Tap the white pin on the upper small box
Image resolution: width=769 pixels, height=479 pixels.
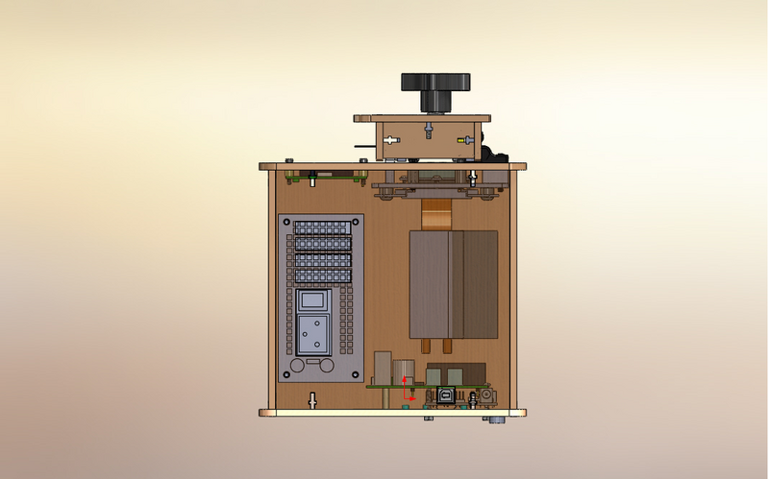pos(390,139)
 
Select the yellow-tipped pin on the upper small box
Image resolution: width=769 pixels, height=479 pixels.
pos(467,140)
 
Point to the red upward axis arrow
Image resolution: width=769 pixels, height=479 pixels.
pos(405,383)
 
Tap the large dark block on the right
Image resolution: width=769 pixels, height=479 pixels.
pos(453,284)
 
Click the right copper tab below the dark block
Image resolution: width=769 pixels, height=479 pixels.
pos(448,347)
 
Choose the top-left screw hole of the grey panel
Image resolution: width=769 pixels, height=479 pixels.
pos(285,222)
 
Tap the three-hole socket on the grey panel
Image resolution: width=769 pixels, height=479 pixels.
pos(312,336)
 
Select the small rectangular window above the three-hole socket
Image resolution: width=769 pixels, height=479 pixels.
pos(312,301)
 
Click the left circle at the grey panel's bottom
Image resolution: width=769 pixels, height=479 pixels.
pos(302,366)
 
